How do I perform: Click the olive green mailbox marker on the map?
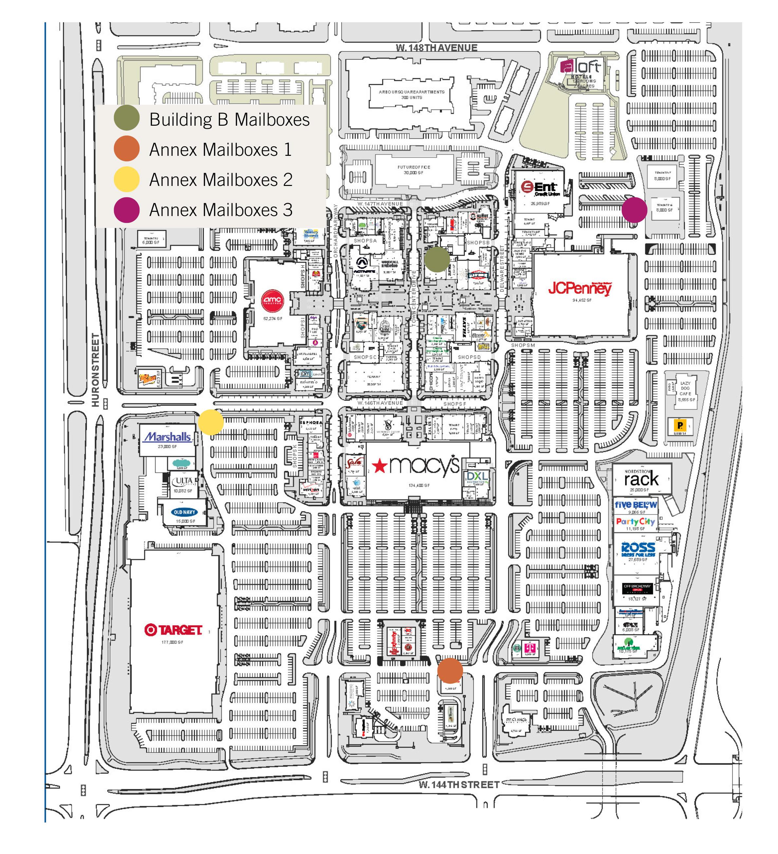[437, 259]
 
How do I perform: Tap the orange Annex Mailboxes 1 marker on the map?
[450, 670]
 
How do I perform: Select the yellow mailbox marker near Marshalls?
[211, 422]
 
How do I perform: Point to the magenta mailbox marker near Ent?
[634, 210]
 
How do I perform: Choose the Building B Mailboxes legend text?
[229, 119]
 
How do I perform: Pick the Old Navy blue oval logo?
[184, 512]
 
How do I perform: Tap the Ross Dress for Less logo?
[638, 549]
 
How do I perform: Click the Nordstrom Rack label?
[641, 478]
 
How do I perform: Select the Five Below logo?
[635, 504]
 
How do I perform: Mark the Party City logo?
[635, 521]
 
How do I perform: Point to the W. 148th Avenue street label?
[436, 48]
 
